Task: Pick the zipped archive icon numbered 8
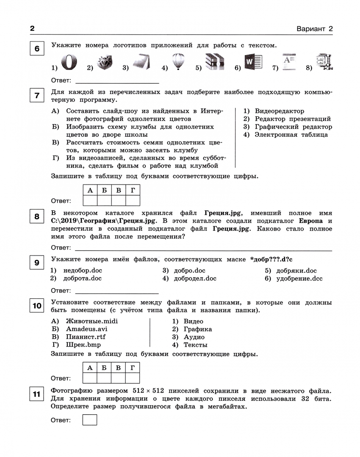(325, 62)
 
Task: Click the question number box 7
(37, 95)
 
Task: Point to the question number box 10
(37, 306)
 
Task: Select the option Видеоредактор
(280, 111)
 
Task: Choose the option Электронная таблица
(291, 135)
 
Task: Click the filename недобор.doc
(83, 270)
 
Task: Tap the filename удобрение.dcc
(299, 278)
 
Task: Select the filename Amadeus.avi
(86, 329)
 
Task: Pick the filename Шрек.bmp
(83, 345)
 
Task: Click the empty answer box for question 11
(90, 420)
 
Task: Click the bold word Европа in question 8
(310, 221)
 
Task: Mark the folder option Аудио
(194, 337)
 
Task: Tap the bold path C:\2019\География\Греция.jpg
(103, 221)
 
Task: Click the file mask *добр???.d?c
(271, 259)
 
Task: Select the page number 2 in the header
(32, 29)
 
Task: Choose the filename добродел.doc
(195, 278)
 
